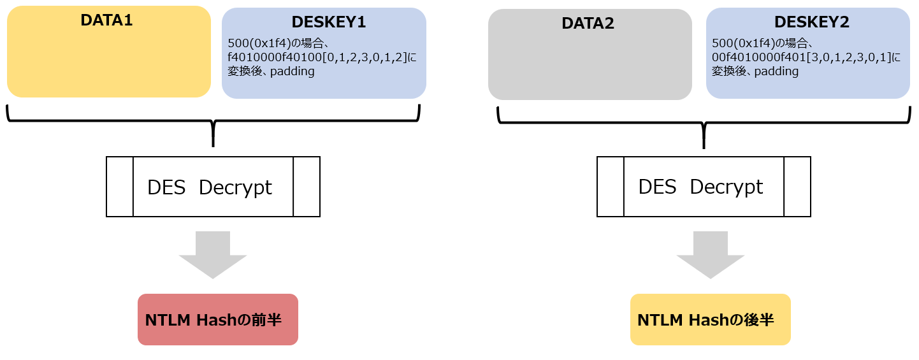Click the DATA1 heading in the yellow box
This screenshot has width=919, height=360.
tap(106, 20)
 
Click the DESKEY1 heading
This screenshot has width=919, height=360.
tap(328, 22)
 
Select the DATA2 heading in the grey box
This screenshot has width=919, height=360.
tap(588, 24)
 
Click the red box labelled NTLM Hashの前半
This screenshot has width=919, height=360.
tap(217, 319)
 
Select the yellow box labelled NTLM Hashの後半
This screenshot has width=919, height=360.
tap(710, 319)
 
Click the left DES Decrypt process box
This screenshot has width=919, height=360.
tap(213, 187)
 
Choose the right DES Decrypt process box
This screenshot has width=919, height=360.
tap(704, 187)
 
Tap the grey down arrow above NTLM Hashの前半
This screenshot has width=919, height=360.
tap(213, 254)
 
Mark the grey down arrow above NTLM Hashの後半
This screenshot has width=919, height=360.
tap(710, 254)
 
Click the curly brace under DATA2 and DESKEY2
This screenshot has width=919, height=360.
tap(704, 122)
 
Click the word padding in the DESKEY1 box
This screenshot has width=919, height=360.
tap(293, 71)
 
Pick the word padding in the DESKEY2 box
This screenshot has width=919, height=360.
tap(777, 71)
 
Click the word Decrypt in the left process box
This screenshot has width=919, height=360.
tap(235, 187)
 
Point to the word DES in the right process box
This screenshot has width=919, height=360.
tap(657, 187)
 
